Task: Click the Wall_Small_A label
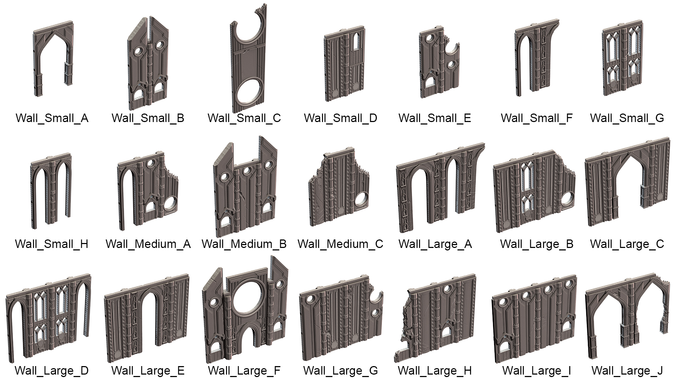[x=52, y=118]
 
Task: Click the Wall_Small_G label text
[x=627, y=118]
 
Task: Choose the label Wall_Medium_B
[x=244, y=244]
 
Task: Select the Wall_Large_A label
[x=435, y=244]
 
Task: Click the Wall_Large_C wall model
[x=627, y=184]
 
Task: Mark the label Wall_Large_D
[x=52, y=371]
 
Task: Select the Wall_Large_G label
[x=341, y=371]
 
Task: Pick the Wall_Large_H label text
[x=435, y=371]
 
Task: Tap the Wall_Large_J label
[x=627, y=371]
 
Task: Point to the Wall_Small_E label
[x=435, y=118]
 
